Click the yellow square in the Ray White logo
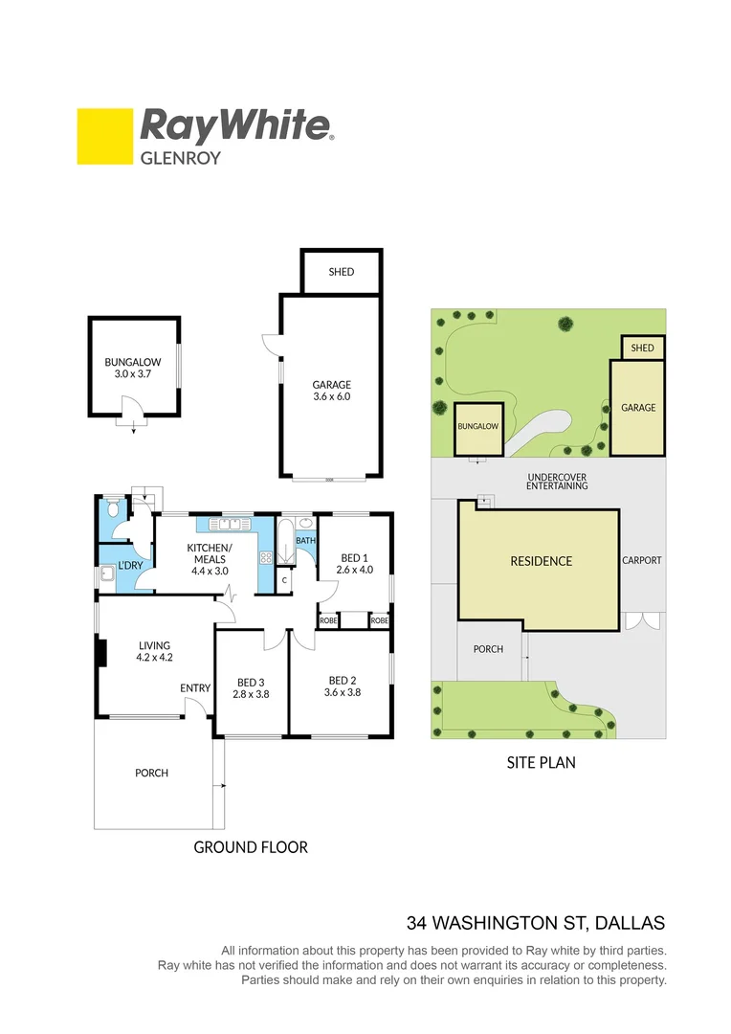coord(104,136)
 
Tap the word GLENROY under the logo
coord(181,157)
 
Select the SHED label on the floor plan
coord(342,272)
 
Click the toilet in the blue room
coord(113,509)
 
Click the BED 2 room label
coord(343,680)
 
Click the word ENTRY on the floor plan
coord(194,688)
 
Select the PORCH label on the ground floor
coord(151,773)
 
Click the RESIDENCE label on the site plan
coord(541,561)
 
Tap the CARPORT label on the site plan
coord(641,561)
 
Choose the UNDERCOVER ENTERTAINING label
coord(557,481)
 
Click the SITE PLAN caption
coord(541,763)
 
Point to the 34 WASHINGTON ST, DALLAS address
coord(536,924)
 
